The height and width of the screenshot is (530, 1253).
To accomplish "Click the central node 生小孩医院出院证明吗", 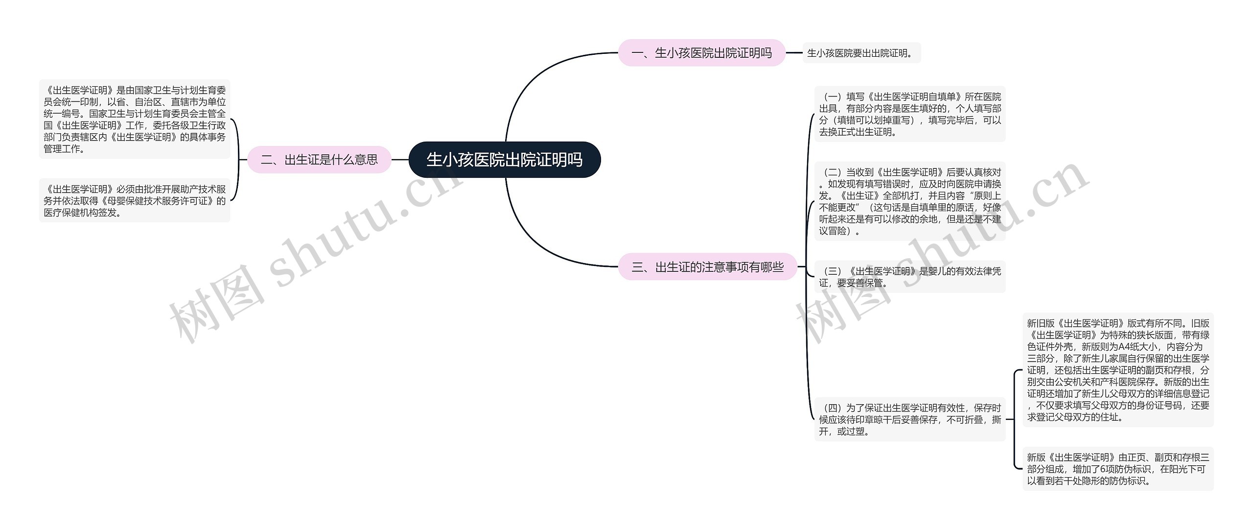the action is point(504,160).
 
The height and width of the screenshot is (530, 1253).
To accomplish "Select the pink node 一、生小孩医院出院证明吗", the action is point(701,53).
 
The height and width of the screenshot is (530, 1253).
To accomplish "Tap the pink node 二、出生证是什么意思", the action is point(319,160).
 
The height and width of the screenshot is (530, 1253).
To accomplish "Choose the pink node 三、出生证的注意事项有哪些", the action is point(707,267).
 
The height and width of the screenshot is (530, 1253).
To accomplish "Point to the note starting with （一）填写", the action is point(910,114).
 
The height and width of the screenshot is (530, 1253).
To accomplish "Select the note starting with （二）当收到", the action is point(910,201).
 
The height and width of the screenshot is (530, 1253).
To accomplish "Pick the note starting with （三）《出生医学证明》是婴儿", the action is point(910,277).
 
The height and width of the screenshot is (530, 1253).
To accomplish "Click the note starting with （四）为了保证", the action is point(910,419).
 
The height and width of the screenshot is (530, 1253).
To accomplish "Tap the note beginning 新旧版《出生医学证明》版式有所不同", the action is point(1118,370).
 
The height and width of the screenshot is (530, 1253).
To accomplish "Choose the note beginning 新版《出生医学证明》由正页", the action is point(1118,469).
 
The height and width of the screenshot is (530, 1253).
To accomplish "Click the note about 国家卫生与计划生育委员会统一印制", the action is point(135,119).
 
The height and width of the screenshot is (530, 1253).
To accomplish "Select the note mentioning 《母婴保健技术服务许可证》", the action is point(135,200).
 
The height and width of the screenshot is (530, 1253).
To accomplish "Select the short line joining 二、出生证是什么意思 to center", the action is point(400,160).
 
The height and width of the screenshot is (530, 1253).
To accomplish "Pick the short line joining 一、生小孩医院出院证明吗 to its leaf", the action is point(794,53).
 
